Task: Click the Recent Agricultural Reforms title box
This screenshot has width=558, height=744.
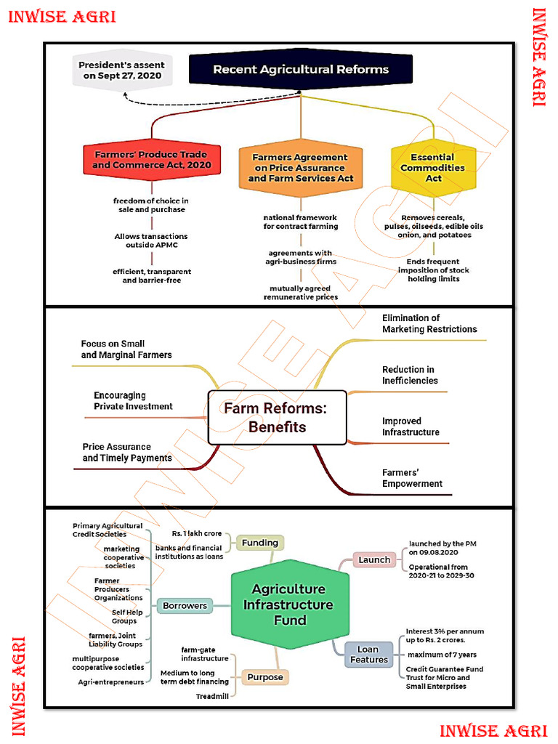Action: click(301, 70)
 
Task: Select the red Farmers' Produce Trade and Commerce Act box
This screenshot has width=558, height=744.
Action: click(151, 160)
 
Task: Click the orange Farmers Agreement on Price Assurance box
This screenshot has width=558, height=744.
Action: click(301, 168)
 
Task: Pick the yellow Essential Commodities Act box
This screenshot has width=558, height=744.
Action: click(433, 168)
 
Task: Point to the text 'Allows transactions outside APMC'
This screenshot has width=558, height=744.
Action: click(151, 240)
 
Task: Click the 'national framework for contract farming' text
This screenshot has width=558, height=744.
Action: click(301, 222)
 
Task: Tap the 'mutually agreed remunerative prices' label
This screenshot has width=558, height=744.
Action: click(301, 293)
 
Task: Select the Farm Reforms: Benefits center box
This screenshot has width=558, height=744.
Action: click(277, 418)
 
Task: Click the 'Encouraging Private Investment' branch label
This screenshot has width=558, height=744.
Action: click(133, 401)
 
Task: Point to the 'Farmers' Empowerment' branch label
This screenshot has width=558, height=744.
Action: click(412, 478)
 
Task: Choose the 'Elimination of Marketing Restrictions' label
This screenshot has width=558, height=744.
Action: click(429, 323)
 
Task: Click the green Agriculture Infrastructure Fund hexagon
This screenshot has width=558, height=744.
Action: click(289, 604)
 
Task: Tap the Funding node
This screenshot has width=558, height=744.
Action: click(259, 543)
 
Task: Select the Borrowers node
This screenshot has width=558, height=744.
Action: click(185, 605)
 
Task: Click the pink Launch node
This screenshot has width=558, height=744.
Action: click(374, 559)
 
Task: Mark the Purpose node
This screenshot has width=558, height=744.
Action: click(264, 677)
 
